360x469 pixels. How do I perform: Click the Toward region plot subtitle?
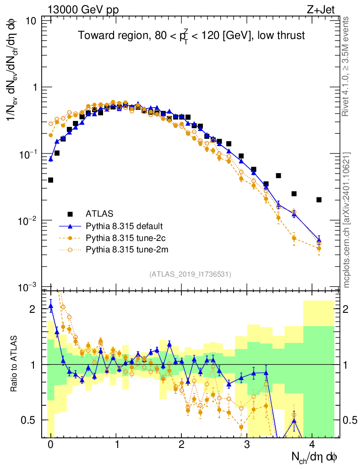(191, 36)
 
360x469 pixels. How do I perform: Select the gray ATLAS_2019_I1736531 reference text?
(190, 274)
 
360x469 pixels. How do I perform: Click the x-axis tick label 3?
(247, 444)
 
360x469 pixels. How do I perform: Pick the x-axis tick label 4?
(312, 444)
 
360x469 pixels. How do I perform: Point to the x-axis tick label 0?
(50, 444)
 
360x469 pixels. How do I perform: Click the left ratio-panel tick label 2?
(32, 309)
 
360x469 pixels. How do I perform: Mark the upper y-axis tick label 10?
(31, 21)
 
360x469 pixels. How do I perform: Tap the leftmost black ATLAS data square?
(50, 180)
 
